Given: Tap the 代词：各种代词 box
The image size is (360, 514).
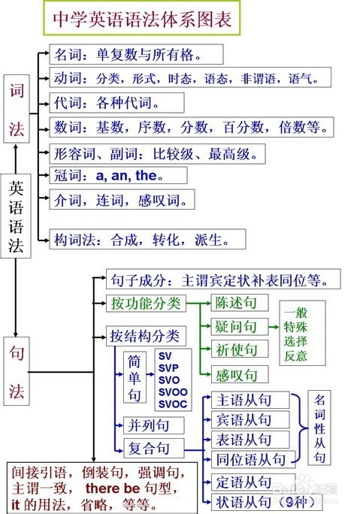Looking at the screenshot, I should coord(106,102).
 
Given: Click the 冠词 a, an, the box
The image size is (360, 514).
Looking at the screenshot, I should coord(107,175).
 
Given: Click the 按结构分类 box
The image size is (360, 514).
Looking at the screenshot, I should coord(145,335).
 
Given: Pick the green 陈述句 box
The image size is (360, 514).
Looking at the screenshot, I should coord(236,304).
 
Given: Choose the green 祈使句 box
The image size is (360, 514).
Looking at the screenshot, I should coord(236,349).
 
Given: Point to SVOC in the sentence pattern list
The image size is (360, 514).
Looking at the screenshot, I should coord(172,404).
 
